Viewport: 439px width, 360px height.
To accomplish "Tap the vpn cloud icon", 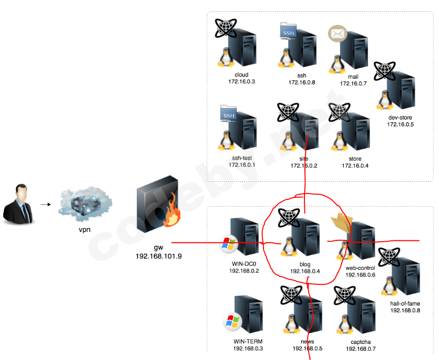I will tap(83, 205).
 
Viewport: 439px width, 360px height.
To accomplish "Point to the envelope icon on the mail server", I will tap(337, 34).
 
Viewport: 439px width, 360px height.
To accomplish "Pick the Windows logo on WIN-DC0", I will tap(228, 244).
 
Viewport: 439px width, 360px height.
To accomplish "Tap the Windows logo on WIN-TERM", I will tap(231, 322).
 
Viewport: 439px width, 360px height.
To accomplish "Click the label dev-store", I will tap(400, 118).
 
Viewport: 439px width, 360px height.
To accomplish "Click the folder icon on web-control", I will tap(341, 223).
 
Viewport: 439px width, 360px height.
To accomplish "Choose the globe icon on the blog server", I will tap(288, 218).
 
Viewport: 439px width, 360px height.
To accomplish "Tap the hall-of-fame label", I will tap(405, 304).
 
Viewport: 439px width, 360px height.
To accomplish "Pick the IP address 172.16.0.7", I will tap(353, 83).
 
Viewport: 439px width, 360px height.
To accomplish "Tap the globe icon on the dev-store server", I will tap(384, 71).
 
